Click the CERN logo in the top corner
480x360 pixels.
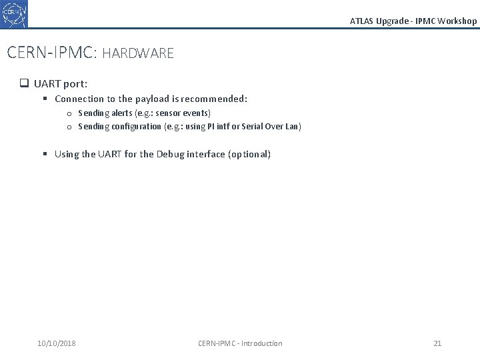click(15, 13)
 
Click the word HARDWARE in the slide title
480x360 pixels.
click(138, 53)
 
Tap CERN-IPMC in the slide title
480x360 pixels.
click(50, 53)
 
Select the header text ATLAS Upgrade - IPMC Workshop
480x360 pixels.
click(413, 21)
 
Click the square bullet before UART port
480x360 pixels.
click(23, 84)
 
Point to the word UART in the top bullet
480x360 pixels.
click(47, 84)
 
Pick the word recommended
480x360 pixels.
click(215, 99)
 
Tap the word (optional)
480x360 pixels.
click(249, 154)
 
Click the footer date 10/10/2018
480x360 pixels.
click(57, 343)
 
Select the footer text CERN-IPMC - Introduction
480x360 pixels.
click(240, 343)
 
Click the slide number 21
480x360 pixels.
click(437, 343)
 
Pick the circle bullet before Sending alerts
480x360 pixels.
click(69, 113)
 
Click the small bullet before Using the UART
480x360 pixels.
click(45, 154)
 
